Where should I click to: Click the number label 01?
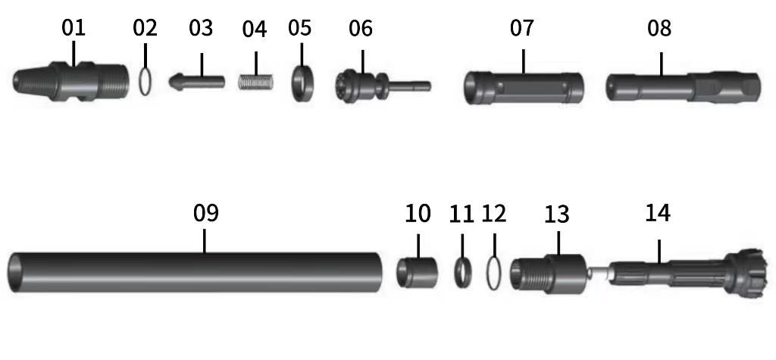coord(74,29)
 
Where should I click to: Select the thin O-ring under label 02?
coord(145,80)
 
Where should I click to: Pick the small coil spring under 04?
coord(255,80)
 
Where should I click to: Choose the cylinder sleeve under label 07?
coord(524,87)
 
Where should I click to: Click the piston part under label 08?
coord(682,86)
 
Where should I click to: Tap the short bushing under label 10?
coord(418,271)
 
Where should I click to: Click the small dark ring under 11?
coord(462,272)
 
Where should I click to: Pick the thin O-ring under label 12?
coord(494,273)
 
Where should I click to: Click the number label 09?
coord(205,213)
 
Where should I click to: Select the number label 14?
coord(657,213)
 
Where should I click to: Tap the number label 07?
coord(521,29)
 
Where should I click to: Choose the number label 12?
coord(493,214)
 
